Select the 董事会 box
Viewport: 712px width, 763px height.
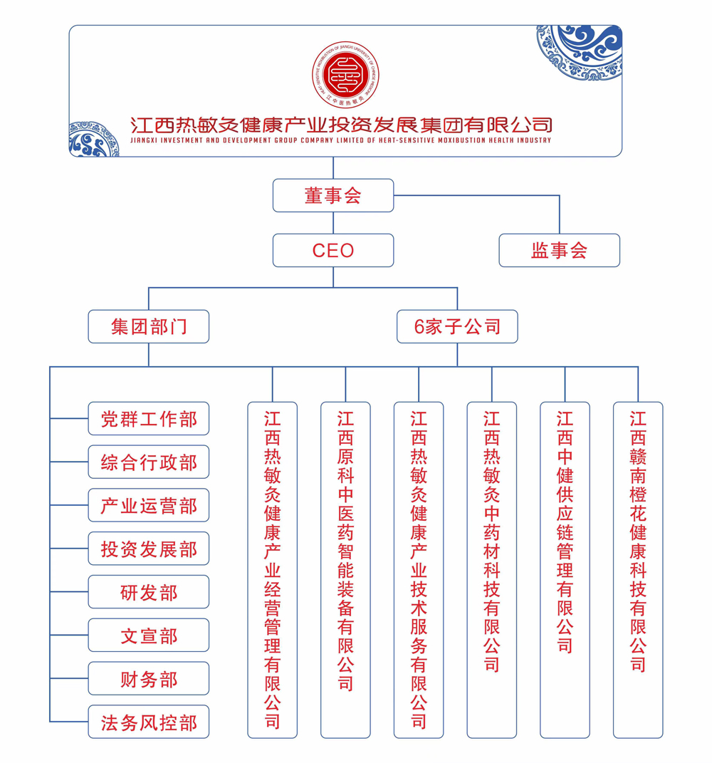pos(333,195)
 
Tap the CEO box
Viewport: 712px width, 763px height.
pos(333,250)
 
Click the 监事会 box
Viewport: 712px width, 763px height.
pos(559,250)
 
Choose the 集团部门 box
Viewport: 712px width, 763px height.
pos(149,327)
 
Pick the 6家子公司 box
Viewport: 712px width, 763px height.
pos(457,327)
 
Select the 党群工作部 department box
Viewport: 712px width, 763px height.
pos(149,418)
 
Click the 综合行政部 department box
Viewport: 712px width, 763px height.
pos(149,462)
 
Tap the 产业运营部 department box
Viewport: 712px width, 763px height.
pos(149,505)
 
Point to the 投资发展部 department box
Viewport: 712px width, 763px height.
pos(149,549)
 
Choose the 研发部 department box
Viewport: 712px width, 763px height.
pos(149,592)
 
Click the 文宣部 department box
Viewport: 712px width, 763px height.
pos(149,635)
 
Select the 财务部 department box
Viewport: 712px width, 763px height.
pos(149,679)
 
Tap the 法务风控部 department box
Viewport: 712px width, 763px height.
pos(149,722)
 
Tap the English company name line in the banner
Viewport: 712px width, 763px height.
pos(342,140)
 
